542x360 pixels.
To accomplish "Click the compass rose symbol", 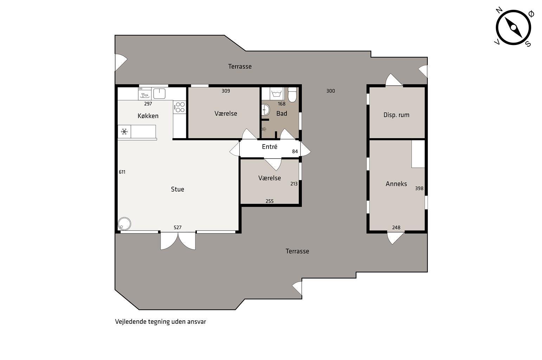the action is click(513, 27).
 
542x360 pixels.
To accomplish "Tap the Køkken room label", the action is click(148, 116).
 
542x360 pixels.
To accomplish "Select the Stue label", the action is click(178, 189).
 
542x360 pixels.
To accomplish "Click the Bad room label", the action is click(282, 114).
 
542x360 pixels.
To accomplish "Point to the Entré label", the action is click(270, 147).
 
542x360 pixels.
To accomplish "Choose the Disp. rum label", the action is click(396, 115).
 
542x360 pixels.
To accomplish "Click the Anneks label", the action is click(396, 184).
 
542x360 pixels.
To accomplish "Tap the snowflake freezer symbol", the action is click(124, 131).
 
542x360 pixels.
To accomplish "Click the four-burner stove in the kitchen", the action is click(180, 107).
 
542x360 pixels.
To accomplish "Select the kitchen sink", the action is click(159, 94).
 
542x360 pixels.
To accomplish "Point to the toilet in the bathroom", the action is click(292, 95).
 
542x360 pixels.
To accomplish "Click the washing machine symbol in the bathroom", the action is click(277, 94).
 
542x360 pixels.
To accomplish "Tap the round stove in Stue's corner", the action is click(124, 224).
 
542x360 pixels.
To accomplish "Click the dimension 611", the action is click(122, 172).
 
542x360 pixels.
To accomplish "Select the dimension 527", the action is click(178, 227).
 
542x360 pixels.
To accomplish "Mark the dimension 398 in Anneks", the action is click(419, 188).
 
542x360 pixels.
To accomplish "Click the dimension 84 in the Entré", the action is click(295, 152).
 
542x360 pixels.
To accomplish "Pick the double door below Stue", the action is click(178, 241).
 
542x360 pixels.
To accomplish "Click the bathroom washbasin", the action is click(266, 110).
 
